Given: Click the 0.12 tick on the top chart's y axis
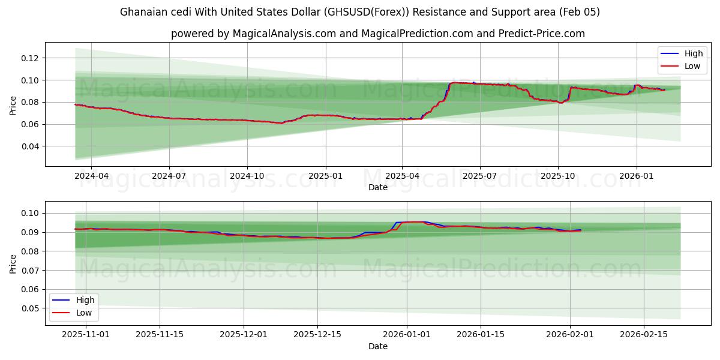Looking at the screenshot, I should pos(30,58).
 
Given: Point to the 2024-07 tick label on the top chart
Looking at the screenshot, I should pos(169,176).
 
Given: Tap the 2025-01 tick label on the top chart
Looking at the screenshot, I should pos(325,176).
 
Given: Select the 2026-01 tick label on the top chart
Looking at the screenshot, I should pos(636,176).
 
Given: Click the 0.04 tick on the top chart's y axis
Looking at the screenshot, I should pos(30,146).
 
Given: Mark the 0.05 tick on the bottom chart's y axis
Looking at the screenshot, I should pos(30,308).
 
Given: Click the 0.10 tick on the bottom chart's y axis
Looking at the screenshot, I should pos(30,213).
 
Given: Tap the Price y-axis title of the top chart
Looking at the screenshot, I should pos(13,106).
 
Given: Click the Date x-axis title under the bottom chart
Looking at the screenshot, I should pos(378,346).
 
